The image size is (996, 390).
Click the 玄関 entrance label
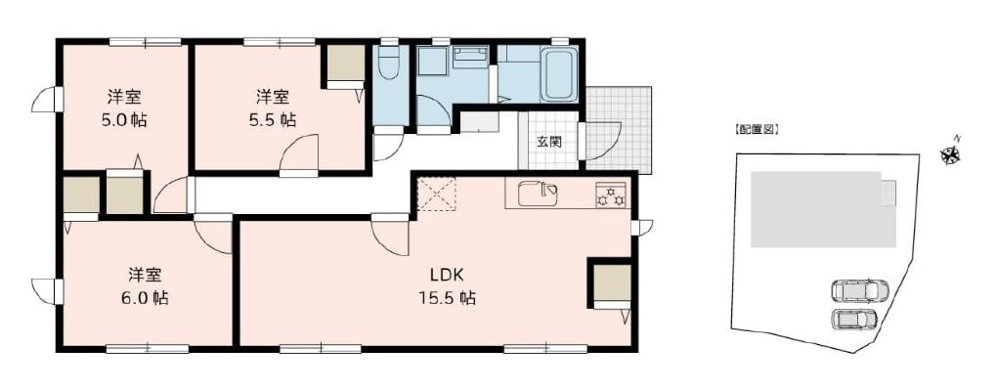coord(548,142)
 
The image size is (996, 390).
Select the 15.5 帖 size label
coord(448,297)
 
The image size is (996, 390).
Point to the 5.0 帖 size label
coord(124,120)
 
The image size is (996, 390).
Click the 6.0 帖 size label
coord(146,298)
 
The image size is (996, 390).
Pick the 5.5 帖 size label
coord(273,119)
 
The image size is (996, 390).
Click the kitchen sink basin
coord(538,194)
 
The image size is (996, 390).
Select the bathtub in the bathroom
coord(560,74)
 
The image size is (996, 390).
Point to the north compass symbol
coord(950,153)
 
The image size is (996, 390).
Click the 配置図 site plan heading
coord(757,130)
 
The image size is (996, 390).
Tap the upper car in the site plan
coord(859,291)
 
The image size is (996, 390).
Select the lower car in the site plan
coord(853,319)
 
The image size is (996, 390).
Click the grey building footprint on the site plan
coord(823,209)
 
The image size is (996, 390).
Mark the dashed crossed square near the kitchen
coord(436,194)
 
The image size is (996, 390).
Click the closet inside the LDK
coord(612,285)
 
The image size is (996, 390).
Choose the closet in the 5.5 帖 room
coord(346,65)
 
